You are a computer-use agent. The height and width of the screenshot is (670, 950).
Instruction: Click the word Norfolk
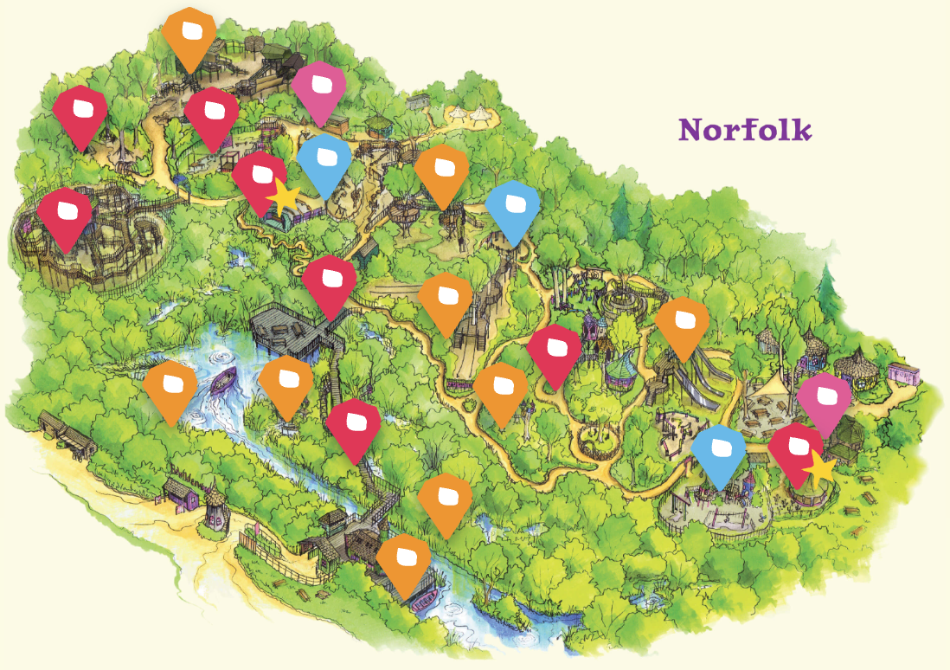point(745,130)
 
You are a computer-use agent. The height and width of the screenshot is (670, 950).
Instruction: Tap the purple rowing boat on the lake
point(223,381)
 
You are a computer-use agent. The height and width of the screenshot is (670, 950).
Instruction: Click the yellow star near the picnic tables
point(819,469)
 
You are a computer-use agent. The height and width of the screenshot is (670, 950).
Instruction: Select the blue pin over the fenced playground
point(719,454)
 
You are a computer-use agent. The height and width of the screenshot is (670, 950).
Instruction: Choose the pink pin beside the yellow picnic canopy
point(824,403)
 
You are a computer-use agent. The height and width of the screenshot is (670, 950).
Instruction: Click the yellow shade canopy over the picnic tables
point(771,393)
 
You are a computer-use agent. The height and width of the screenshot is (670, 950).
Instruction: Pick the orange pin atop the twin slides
point(682,325)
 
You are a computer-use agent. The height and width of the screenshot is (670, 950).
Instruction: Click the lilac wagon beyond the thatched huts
point(902,375)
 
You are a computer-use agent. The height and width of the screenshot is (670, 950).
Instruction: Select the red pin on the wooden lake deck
point(330,285)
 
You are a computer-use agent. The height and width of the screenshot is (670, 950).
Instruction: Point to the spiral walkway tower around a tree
point(625,303)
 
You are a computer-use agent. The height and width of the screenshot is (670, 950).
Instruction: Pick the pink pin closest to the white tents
point(318,92)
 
